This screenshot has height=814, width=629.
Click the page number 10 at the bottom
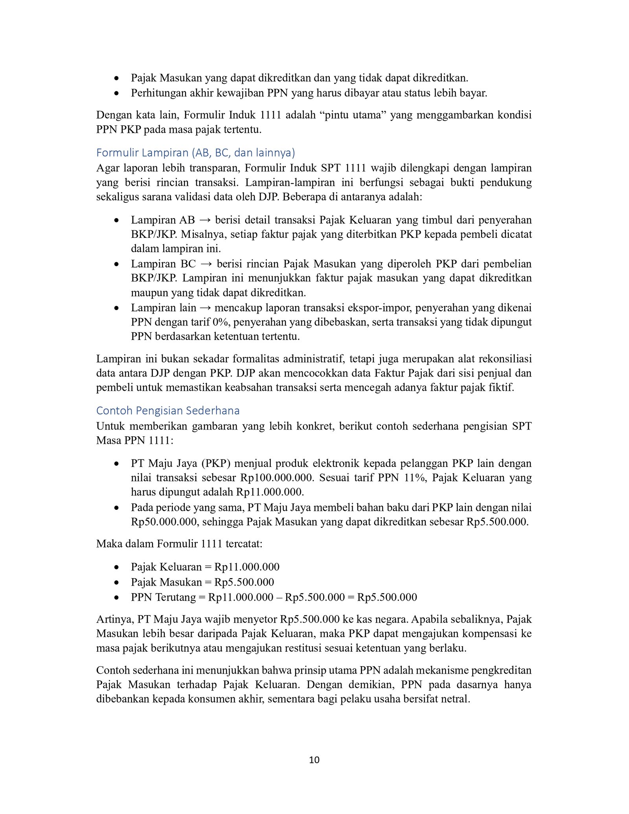coord(314,760)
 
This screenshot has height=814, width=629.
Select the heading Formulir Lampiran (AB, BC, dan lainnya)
coord(195,153)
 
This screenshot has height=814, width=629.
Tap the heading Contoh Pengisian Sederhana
coord(168,410)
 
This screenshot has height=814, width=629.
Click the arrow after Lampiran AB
coord(205,220)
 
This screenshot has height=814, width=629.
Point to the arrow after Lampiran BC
coord(206,264)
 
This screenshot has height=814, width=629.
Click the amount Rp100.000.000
coord(277,478)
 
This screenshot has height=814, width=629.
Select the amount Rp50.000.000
coord(164,522)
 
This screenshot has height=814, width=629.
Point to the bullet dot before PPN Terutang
coord(116,598)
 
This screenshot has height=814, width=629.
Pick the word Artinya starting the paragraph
coord(115,619)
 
